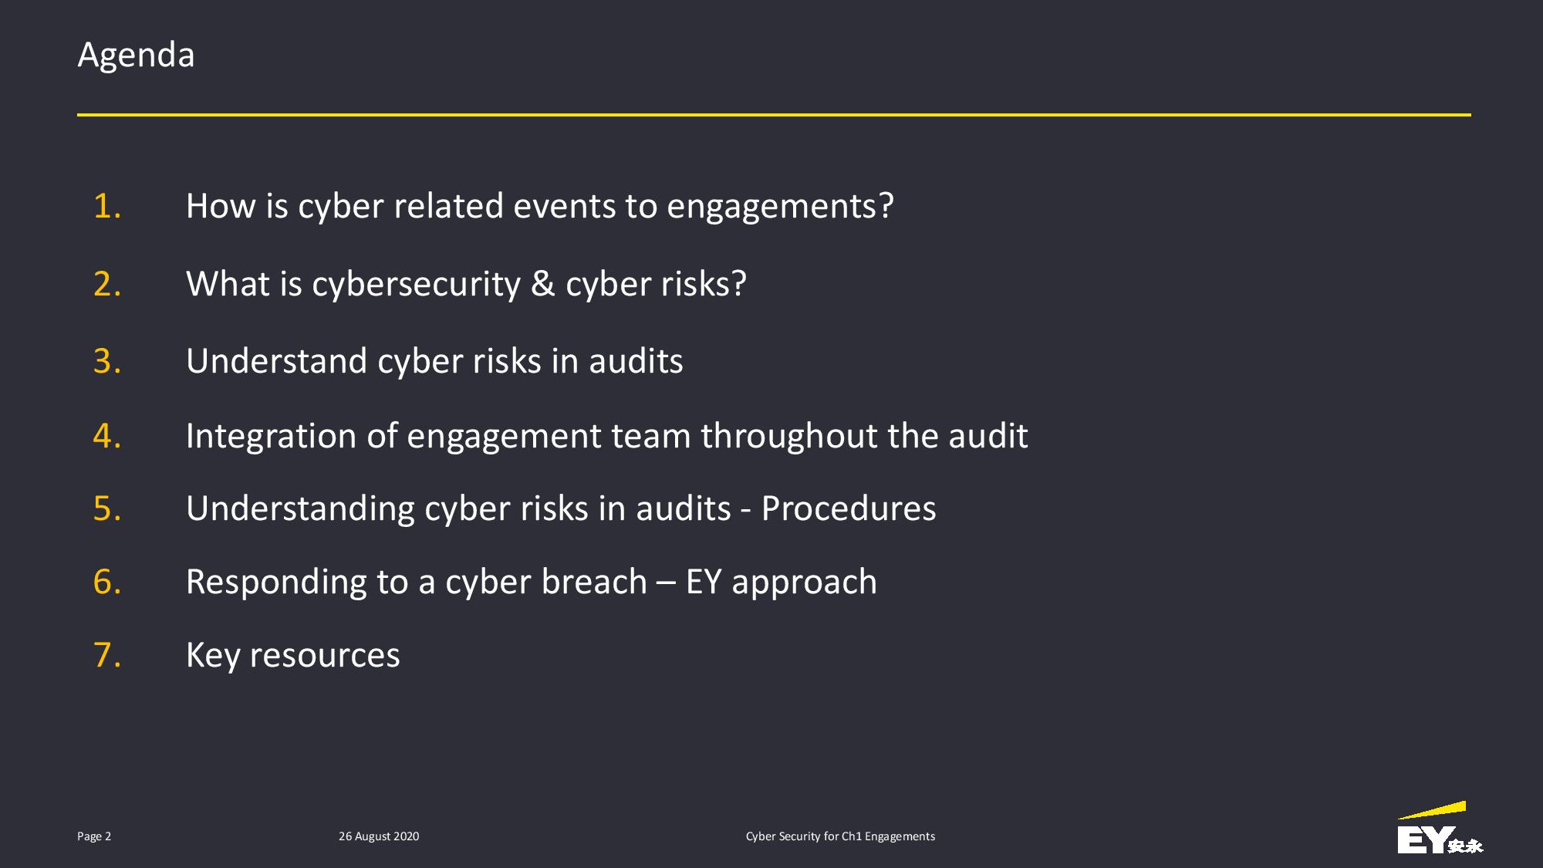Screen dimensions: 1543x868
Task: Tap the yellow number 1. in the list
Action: [107, 206]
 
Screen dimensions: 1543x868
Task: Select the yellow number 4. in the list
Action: [107, 436]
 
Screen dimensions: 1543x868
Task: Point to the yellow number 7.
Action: [107, 655]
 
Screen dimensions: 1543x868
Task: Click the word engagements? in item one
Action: [780, 208]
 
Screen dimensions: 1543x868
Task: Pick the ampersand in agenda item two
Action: [543, 284]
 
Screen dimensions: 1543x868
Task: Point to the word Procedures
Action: [849, 508]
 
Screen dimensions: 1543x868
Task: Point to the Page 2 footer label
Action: [94, 836]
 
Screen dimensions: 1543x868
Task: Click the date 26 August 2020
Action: [379, 836]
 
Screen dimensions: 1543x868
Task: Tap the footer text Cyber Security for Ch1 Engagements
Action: [840, 836]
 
